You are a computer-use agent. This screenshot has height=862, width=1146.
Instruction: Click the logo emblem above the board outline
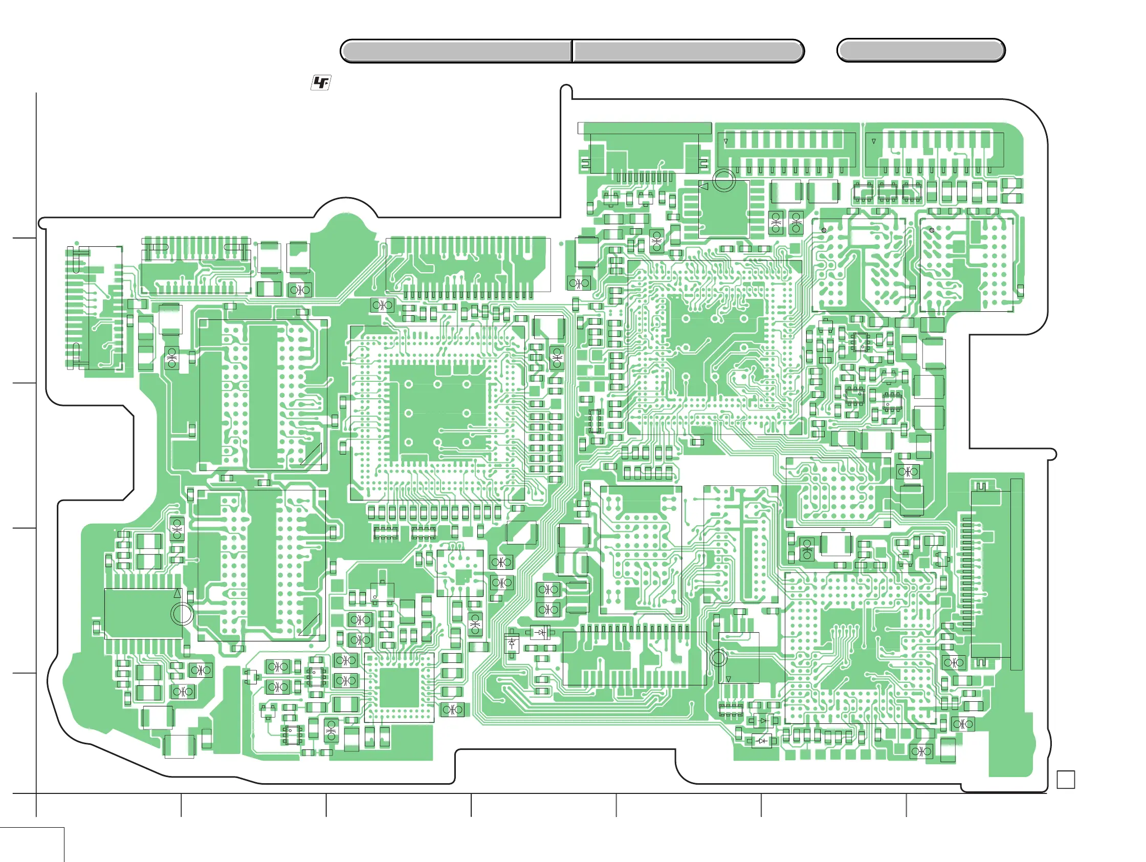click(321, 83)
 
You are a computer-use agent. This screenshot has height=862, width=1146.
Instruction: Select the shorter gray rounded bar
click(920, 51)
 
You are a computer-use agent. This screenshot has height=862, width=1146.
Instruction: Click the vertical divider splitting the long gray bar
click(572, 51)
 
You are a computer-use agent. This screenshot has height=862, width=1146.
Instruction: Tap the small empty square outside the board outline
click(1065, 780)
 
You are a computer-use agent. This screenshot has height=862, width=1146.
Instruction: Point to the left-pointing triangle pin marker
click(703, 186)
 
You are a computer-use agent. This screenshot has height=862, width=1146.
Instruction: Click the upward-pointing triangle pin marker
click(178, 593)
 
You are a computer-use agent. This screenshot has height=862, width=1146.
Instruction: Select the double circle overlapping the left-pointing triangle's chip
click(724, 180)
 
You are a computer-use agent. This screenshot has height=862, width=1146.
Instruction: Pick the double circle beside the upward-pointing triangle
click(182, 614)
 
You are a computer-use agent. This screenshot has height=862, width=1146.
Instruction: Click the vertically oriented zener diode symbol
click(512, 644)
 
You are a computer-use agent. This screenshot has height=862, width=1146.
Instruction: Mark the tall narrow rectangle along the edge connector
click(1016, 574)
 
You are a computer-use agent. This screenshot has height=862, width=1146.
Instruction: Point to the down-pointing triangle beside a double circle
click(728, 679)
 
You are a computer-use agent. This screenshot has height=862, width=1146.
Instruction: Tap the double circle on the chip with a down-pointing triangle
click(718, 658)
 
